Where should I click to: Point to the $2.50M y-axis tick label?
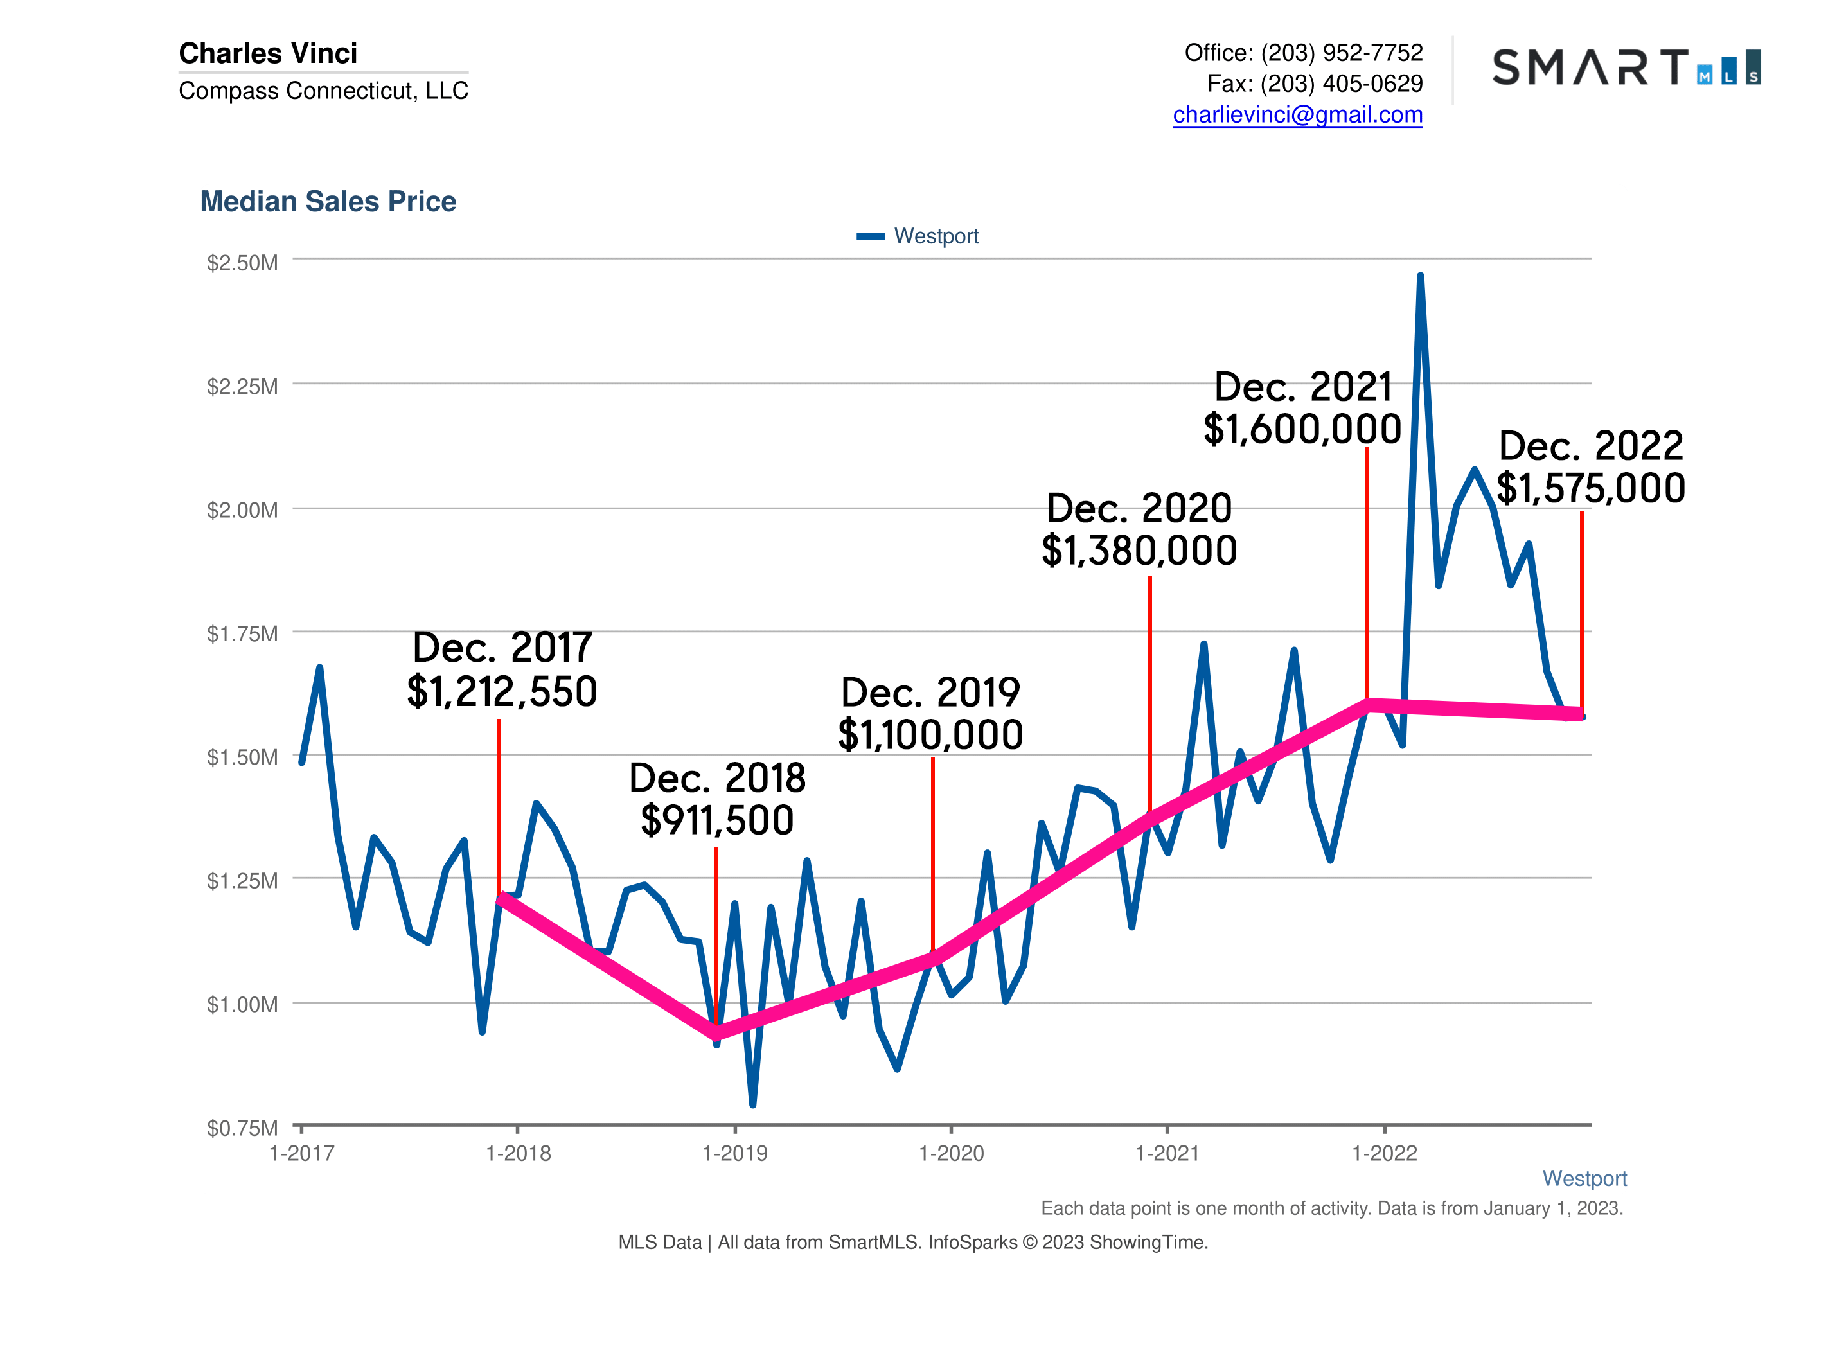[x=242, y=263]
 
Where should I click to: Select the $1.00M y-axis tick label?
[x=242, y=1004]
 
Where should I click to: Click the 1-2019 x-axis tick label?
[x=734, y=1154]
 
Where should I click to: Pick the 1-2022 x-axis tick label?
[x=1384, y=1154]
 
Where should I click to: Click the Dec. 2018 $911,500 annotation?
[x=716, y=799]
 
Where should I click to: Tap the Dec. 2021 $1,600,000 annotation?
[x=1302, y=408]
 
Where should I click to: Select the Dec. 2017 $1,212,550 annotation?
[x=502, y=669]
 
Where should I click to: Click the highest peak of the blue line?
[x=1420, y=277]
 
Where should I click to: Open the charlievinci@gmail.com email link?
[x=1297, y=115]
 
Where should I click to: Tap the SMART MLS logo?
[x=1626, y=67]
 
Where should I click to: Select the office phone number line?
[x=1303, y=53]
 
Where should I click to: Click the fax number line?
[x=1314, y=84]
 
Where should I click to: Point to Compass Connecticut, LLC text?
[x=323, y=91]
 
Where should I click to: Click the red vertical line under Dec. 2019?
[x=933, y=851]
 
